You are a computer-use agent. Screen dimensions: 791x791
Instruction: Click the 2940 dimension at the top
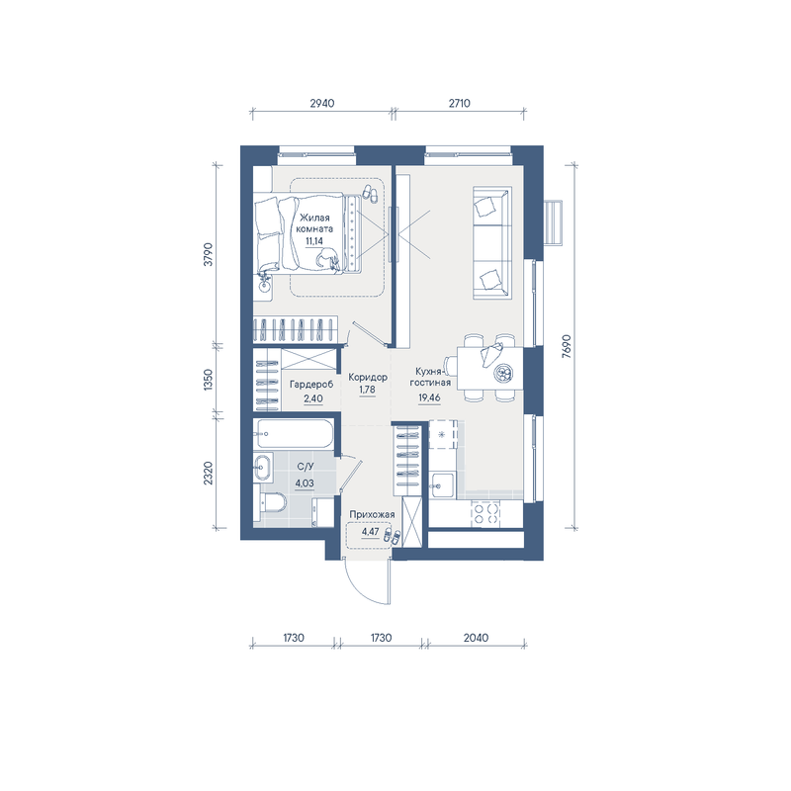[x=322, y=104]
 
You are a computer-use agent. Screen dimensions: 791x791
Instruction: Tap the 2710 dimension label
[x=459, y=104]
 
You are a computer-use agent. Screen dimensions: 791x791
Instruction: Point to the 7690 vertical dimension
[x=567, y=347]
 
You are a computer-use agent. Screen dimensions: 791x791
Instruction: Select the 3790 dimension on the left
[x=209, y=255]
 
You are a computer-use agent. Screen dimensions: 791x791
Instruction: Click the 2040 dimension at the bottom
[x=476, y=638]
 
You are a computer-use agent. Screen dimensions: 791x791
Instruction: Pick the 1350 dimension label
[x=209, y=380]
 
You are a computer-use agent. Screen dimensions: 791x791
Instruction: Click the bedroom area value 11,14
[x=314, y=241]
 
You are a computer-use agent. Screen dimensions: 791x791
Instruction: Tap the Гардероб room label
[x=311, y=385]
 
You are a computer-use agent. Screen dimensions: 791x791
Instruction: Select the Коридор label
[x=368, y=378]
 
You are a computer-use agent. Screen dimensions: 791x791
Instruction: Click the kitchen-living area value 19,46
[x=429, y=397]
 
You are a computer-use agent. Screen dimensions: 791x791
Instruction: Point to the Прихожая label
[x=372, y=514]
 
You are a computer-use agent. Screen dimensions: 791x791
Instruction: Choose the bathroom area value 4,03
[x=305, y=483]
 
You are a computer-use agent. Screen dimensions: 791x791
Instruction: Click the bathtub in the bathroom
[x=295, y=433]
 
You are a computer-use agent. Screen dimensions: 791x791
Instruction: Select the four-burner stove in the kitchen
[x=486, y=514]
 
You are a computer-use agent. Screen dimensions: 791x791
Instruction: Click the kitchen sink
[x=442, y=485]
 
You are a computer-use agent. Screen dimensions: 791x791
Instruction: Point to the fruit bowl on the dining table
[x=502, y=374]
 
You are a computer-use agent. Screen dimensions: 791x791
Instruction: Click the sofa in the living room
[x=492, y=242]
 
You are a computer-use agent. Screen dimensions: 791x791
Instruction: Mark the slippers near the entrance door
[x=393, y=537]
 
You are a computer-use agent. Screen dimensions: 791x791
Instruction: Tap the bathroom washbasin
[x=262, y=467]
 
